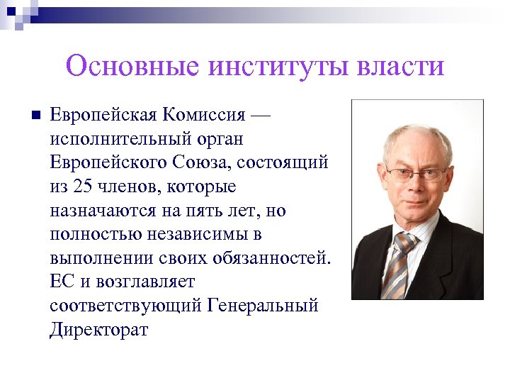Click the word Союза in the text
198,162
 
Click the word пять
208,211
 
